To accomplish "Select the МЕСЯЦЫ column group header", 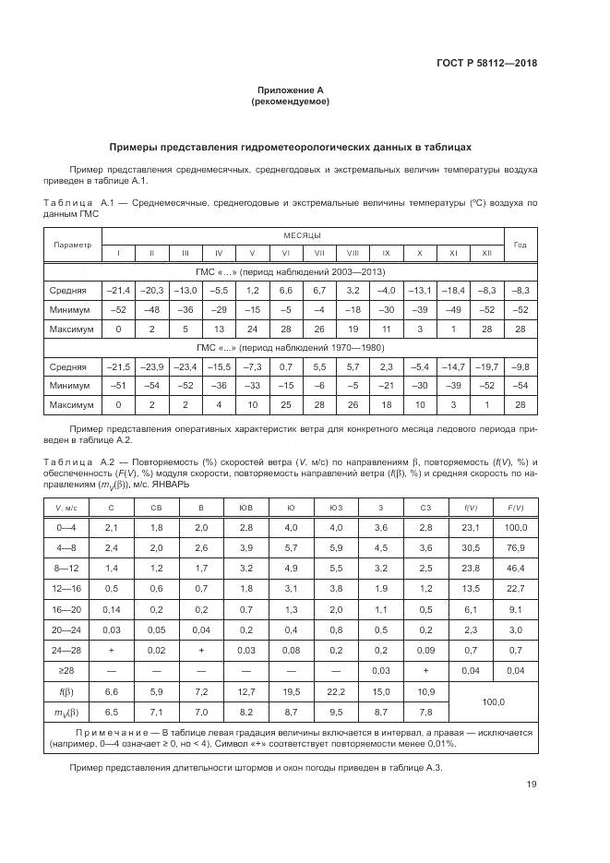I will click(296, 236).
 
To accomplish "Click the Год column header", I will click(520, 245).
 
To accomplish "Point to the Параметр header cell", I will click(72, 245).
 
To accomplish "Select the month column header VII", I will click(319, 253).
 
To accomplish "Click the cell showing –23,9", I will click(151, 366).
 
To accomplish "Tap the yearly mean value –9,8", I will click(520, 366).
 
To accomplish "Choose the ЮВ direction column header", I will click(246, 507).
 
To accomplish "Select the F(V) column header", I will click(516, 507).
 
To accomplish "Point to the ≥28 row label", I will click(67, 669).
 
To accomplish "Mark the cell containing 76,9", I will click(516, 547).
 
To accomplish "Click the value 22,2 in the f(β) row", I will click(335, 691).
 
